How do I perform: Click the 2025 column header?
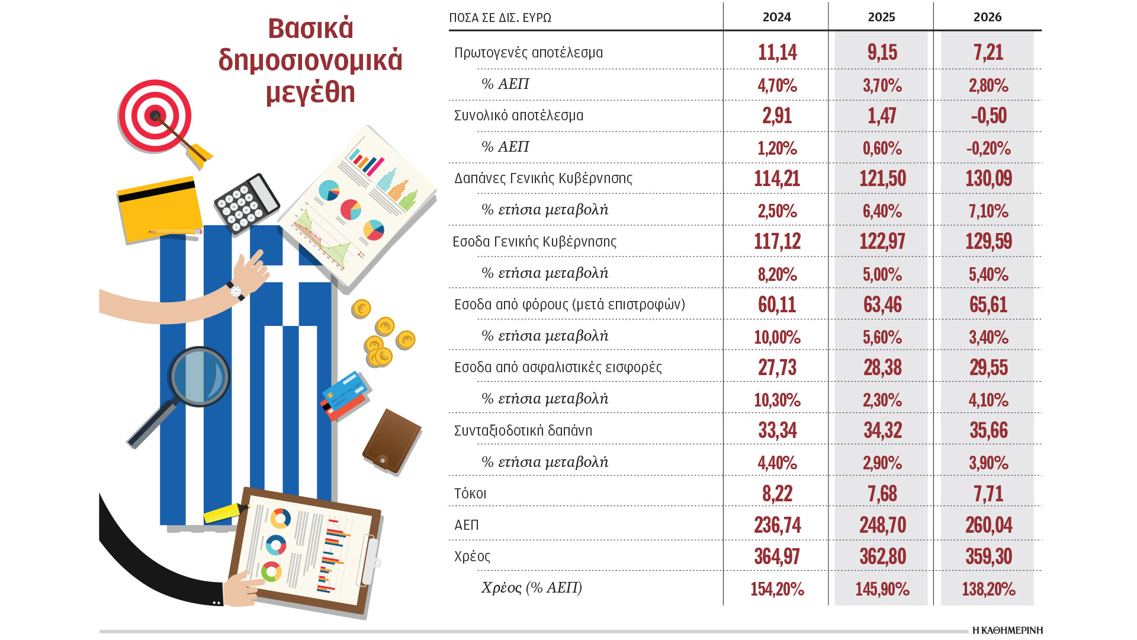pos(881,17)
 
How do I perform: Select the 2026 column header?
pos(987,17)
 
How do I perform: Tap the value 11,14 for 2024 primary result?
pos(777,52)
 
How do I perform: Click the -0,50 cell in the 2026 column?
pos(988,116)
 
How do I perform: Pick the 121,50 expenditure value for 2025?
pos(882,178)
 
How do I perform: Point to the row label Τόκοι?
pos(470,494)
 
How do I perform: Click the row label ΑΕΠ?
pos(467,525)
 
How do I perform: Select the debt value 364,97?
pos(777,556)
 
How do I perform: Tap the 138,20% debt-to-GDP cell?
pos(988,588)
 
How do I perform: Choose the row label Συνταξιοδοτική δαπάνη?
pos(523,431)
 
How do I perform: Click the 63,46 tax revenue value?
pos(882,305)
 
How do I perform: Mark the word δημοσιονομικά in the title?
pos(310,60)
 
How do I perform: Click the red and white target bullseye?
pos(155,116)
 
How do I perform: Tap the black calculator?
pos(246,203)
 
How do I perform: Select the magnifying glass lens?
pos(200,377)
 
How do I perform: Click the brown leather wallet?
pos(391,441)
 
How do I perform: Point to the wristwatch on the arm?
pos(236,291)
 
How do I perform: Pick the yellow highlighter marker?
pos(226,512)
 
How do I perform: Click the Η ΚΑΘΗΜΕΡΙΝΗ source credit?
pos(1007,630)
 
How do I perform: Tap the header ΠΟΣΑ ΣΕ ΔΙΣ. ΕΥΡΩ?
pos(500,18)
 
